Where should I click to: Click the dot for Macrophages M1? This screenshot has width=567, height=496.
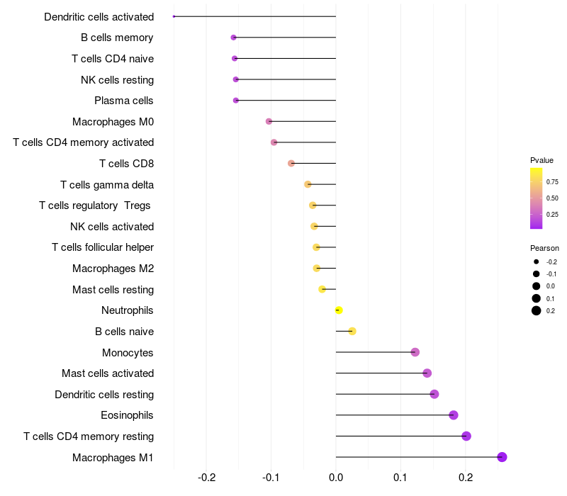(x=502, y=457)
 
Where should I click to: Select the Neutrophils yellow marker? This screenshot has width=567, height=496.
(x=339, y=310)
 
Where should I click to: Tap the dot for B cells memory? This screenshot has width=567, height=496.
(x=233, y=38)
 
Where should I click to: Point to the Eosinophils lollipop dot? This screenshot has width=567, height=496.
(x=454, y=415)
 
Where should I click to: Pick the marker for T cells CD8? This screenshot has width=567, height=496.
(x=291, y=164)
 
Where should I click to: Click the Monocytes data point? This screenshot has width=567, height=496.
(x=415, y=352)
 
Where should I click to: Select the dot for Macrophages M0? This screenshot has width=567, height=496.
(x=269, y=122)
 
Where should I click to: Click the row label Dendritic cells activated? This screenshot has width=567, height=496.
(x=99, y=16)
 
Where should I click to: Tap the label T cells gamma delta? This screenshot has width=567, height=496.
(x=107, y=185)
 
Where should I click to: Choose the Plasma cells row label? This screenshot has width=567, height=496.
(x=124, y=101)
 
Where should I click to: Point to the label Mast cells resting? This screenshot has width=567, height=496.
(x=113, y=290)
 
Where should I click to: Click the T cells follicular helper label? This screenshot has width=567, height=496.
(x=103, y=247)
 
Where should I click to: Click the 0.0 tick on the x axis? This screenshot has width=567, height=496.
(x=336, y=478)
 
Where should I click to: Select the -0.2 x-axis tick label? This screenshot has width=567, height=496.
(x=206, y=478)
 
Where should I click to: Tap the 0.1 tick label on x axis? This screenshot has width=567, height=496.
(x=400, y=478)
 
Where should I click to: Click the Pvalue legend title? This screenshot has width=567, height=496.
(x=541, y=160)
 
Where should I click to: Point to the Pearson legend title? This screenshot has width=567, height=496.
(x=544, y=248)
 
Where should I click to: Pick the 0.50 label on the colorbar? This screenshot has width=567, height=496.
(x=552, y=198)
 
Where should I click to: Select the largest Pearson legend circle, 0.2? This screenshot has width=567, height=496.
(x=537, y=311)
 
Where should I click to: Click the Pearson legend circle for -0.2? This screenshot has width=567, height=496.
(x=537, y=262)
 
